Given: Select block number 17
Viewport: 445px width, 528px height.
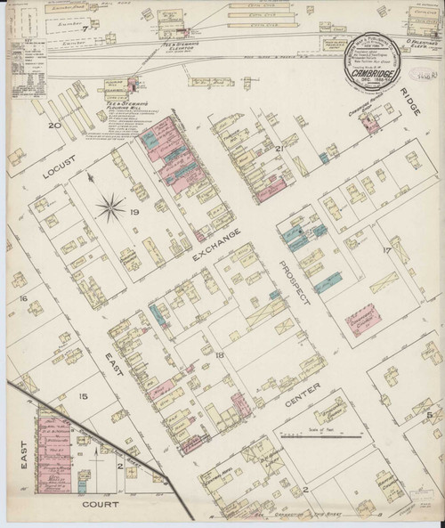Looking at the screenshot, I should click(x=386, y=250).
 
